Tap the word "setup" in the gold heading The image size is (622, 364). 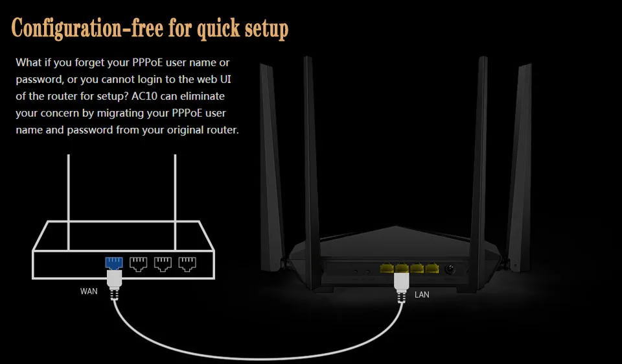266,29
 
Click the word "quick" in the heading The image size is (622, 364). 218,29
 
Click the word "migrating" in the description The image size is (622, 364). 121,114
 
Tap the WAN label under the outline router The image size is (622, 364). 89,291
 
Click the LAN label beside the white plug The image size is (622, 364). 422,295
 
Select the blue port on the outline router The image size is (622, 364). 114,263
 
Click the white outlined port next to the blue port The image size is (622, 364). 139,264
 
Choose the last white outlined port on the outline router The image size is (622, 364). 187,264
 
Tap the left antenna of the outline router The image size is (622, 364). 69,202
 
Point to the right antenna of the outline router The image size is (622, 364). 175,202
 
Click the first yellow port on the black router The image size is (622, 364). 387,268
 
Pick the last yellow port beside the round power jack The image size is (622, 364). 432,268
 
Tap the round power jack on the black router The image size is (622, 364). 450,269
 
